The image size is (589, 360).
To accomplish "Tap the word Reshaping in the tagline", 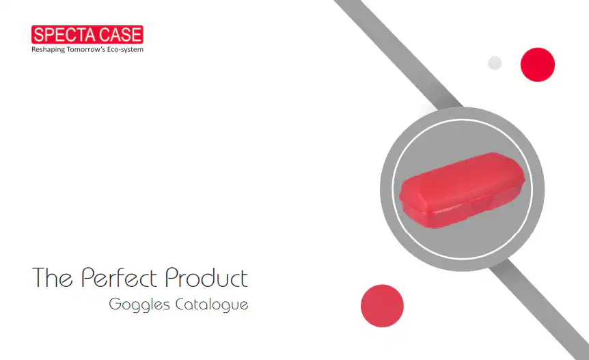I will coord(51,49).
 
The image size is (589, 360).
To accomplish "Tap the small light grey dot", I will coord(495,63).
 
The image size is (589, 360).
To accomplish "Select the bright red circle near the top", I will coord(537,65).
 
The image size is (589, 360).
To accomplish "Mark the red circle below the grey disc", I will coord(382,305).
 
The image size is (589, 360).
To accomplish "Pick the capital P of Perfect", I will coord(87,278).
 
